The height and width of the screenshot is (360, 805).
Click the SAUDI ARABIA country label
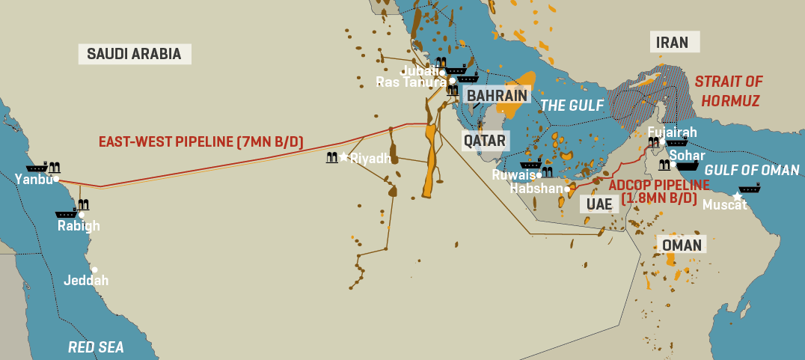134,53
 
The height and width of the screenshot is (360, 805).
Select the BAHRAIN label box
497,95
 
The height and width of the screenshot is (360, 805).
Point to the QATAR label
484,140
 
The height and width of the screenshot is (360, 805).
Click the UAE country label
599,204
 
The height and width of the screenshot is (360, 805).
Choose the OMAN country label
682,245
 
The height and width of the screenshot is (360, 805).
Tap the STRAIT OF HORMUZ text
728,91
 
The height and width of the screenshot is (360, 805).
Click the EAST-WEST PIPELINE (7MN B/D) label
201,141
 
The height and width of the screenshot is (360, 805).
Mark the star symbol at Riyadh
343,156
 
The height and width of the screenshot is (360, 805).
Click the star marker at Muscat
737,196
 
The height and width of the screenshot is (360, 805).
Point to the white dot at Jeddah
95,269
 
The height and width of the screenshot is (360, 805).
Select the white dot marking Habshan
568,189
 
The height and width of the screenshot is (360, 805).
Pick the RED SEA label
96,347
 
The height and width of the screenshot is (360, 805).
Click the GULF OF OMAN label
752,171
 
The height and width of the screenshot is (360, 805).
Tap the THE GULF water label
572,106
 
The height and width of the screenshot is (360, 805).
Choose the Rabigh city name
79,226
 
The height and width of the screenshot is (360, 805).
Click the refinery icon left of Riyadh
331,157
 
